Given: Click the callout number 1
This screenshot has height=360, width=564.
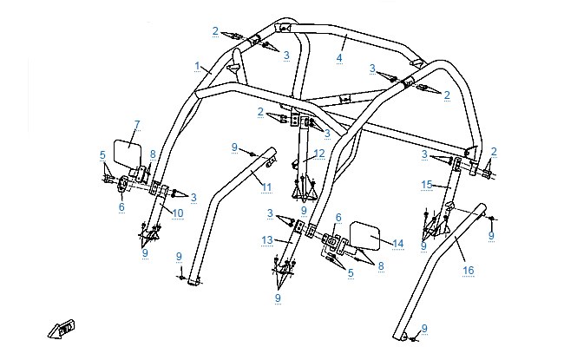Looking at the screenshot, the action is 197,66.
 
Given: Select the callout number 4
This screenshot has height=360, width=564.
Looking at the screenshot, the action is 339,58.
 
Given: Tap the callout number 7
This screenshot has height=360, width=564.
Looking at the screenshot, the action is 137,125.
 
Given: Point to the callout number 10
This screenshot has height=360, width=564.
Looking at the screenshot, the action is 178,213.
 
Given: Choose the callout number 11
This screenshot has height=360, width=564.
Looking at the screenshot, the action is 266,187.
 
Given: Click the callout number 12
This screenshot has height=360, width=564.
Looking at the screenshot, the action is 319,154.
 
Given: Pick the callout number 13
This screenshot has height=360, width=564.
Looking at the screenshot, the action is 267,240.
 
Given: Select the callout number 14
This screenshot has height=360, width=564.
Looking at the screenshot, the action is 397,244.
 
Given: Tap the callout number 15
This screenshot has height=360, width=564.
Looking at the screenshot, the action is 427,185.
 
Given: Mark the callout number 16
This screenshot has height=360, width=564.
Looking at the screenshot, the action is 469,270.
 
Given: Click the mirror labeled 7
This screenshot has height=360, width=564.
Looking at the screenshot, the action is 127,153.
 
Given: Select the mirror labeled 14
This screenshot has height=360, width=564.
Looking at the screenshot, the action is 365,236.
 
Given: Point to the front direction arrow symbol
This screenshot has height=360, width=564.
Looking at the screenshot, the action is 61,329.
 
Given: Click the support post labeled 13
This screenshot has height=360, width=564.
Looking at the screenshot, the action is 292,245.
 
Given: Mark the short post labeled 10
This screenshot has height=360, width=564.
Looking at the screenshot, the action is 155,208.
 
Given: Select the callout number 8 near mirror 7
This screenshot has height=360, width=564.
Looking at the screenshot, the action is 153,154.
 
